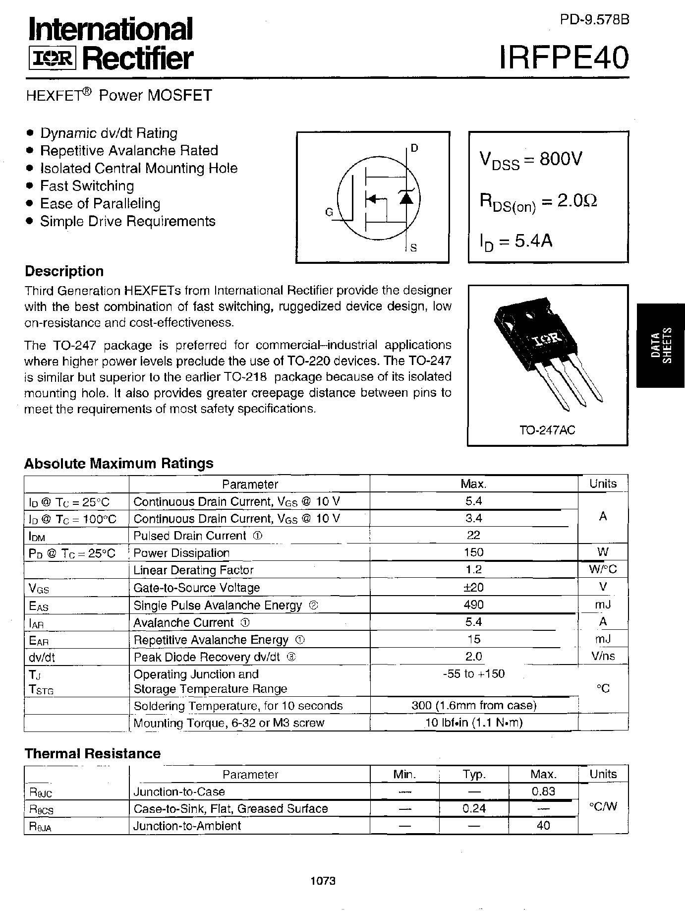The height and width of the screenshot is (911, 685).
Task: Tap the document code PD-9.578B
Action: point(594,20)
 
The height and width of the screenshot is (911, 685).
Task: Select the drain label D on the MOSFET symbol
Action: point(414,148)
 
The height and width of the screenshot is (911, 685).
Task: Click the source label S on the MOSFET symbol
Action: point(414,247)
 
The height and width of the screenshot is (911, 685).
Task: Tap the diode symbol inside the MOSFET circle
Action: point(406,198)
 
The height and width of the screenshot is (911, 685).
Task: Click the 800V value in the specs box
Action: point(561,159)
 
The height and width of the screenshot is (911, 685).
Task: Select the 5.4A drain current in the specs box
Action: point(533,241)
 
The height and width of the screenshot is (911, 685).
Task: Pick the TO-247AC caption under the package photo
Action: point(547,430)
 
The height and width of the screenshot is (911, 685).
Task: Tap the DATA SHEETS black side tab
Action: point(661,345)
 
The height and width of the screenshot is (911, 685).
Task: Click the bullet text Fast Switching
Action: point(87,186)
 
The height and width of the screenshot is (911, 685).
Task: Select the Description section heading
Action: point(64,271)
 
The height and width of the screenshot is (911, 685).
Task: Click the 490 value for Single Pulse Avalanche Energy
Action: point(474,605)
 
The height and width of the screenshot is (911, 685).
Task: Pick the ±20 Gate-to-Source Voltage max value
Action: point(474,587)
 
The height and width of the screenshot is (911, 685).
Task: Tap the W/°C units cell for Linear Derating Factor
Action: point(603,569)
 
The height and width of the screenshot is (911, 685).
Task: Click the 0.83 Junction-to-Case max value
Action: point(543,791)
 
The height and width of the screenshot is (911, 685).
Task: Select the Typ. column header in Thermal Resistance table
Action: point(474,774)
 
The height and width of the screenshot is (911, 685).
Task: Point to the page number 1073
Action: point(323,881)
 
